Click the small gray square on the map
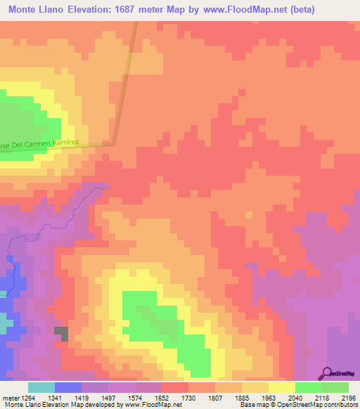tap(62, 334)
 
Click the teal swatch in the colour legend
tap(41, 387)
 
